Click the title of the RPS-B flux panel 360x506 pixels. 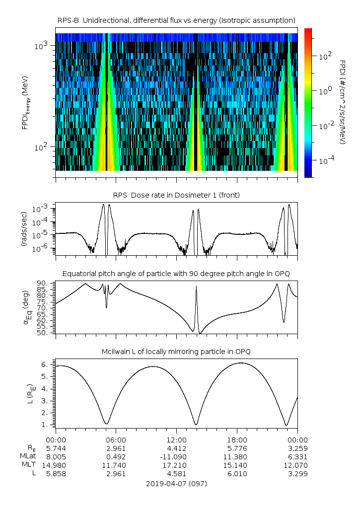tap(176, 21)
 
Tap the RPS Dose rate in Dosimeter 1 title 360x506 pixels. tap(176, 195)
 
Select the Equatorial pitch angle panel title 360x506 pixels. tap(176, 274)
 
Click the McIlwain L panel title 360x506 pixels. tap(176, 352)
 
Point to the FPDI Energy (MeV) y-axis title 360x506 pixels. tap(26, 103)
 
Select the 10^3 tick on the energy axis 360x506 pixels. tap(41, 46)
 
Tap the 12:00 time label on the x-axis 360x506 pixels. tap(176, 440)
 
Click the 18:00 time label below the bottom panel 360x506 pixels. tap(237, 440)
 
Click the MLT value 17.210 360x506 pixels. tap(176, 465)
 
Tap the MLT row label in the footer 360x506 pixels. tap(29, 465)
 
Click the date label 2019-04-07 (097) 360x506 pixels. tap(176, 484)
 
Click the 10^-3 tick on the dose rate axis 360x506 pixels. tap(41, 209)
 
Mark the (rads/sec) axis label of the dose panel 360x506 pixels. tap(24, 229)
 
